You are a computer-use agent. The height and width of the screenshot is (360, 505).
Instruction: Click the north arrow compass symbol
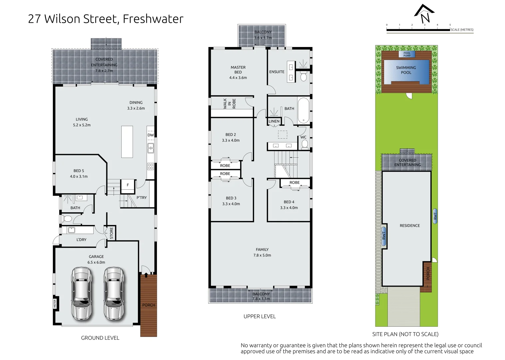[x=424, y=14]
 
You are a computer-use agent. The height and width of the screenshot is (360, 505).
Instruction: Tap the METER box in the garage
[x=55, y=304]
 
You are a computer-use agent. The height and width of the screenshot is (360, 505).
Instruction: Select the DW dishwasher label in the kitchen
[x=151, y=135]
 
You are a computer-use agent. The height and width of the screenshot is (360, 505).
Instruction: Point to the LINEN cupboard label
[x=274, y=121]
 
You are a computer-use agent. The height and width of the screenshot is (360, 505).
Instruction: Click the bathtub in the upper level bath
[x=303, y=111]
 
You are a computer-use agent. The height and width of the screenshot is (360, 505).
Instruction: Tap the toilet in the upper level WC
[x=304, y=144]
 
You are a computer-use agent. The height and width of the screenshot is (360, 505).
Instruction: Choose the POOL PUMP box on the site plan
[x=407, y=54]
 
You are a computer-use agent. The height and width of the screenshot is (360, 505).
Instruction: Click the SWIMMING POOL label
[x=406, y=70]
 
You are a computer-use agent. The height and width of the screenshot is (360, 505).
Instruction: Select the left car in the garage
[x=82, y=293]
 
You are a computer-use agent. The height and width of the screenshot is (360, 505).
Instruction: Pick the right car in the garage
[x=114, y=293]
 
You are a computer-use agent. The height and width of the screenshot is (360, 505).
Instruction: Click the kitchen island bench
[x=127, y=142]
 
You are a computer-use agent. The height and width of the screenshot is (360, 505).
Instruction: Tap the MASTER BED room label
[x=238, y=70]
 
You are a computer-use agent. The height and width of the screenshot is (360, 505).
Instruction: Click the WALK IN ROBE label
[x=230, y=104]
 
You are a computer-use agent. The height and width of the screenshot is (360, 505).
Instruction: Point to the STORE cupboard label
[x=111, y=233]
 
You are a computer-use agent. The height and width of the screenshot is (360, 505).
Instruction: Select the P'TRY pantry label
[x=142, y=198]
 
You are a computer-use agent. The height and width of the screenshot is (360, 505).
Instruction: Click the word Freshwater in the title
[x=153, y=19]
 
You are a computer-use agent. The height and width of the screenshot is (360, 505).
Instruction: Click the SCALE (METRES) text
[x=462, y=30]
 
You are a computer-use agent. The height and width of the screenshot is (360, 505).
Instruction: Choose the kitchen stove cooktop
[x=151, y=166]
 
